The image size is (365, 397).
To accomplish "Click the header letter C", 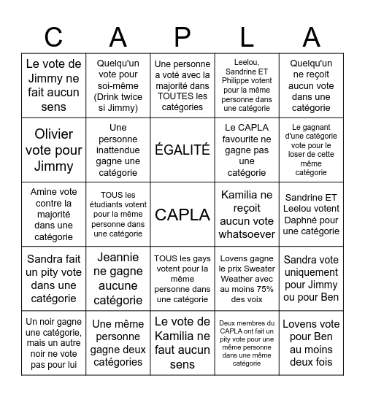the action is click(53, 36).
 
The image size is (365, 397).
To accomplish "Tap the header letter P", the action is click(182, 36).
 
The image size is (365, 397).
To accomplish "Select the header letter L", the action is click(247, 36).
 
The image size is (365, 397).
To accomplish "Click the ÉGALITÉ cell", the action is click(182, 150).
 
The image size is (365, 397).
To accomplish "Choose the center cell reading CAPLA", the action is click(182, 215).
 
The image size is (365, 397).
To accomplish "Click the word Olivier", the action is click(53, 134).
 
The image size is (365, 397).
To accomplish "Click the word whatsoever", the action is click(247, 234).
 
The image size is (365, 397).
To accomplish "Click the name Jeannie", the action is click(118, 258).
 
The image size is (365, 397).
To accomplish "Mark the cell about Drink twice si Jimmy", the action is click(118, 85).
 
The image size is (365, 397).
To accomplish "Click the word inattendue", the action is click(118, 150).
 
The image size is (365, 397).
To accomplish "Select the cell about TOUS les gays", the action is click(182, 279).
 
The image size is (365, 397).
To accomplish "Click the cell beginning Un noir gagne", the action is click(53, 343).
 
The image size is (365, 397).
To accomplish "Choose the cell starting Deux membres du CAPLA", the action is click(247, 343).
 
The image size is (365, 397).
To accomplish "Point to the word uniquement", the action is click(311, 272).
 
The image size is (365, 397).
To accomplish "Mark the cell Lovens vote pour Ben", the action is click(311, 343).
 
